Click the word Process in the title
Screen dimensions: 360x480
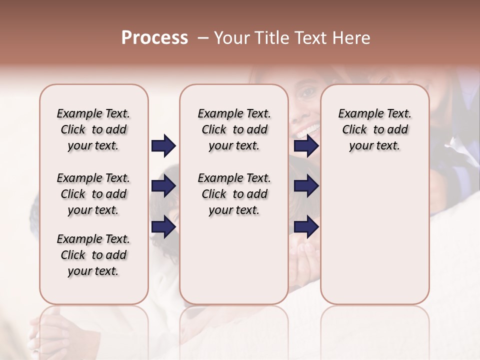pyautogui.click(x=154, y=38)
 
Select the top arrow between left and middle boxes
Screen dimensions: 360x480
pyautogui.click(x=163, y=146)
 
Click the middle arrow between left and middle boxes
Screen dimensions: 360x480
pyautogui.click(x=163, y=186)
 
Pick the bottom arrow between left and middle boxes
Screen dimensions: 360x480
pyautogui.click(x=163, y=227)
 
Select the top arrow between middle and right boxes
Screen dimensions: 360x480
pyautogui.click(x=306, y=146)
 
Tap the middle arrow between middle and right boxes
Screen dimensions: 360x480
pyautogui.click(x=306, y=186)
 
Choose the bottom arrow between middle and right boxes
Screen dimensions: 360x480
pyautogui.click(x=306, y=227)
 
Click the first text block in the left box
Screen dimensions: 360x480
pyautogui.click(x=93, y=129)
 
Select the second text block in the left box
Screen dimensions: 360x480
pyautogui.click(x=93, y=194)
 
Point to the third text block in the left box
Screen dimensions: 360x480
pyautogui.click(x=93, y=255)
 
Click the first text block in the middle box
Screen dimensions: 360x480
pyautogui.click(x=234, y=129)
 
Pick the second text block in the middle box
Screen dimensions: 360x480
pyautogui.click(x=234, y=194)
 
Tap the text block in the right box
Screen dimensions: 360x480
pyautogui.click(x=374, y=129)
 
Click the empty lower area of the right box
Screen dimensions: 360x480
pyautogui.click(x=374, y=240)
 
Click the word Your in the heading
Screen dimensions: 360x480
pyautogui.click(x=229, y=38)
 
